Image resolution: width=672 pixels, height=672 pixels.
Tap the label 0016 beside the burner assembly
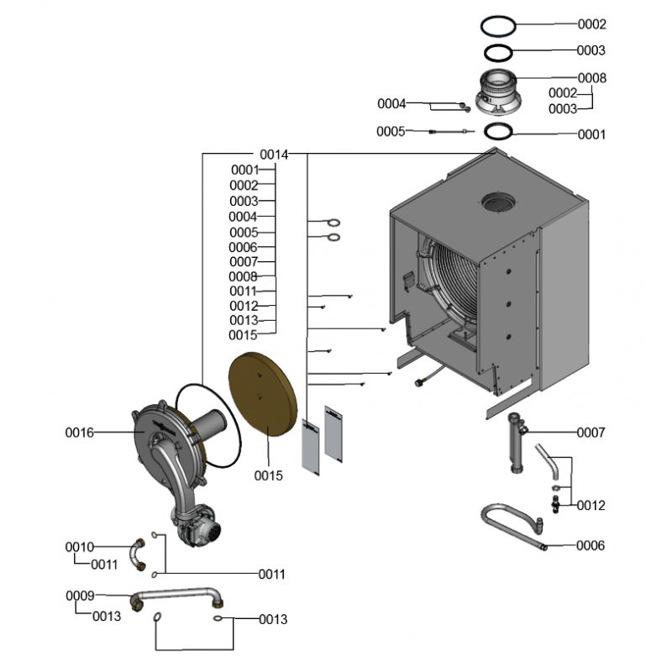[80, 433]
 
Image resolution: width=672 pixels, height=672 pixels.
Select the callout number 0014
[274, 155]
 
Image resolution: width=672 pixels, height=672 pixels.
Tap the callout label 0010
[80, 548]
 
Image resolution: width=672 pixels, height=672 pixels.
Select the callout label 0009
[81, 596]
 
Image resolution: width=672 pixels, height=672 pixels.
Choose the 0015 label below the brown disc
[269, 475]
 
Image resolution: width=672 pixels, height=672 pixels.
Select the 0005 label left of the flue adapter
[391, 131]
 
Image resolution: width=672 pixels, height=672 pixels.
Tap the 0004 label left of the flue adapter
[391, 104]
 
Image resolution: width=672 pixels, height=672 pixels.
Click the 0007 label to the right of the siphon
[591, 433]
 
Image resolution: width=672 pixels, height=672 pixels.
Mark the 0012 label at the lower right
[591, 506]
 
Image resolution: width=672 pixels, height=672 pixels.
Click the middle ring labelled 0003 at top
[499, 52]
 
